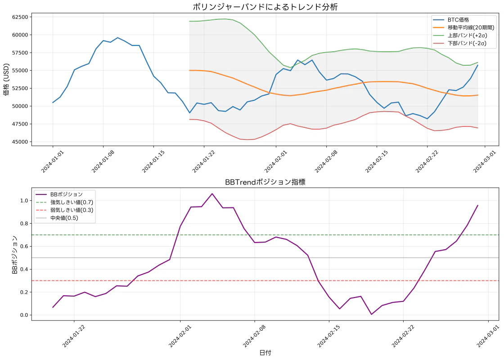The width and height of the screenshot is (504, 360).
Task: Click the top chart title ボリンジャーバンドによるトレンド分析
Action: tap(265, 7)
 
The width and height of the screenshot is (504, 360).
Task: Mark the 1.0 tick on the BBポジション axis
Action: tap(24, 200)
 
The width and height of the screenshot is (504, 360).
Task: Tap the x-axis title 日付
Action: tap(265, 353)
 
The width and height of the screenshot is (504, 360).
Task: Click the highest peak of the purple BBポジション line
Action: tap(212, 193)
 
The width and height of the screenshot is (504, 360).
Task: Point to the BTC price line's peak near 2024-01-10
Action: tap(117, 38)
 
